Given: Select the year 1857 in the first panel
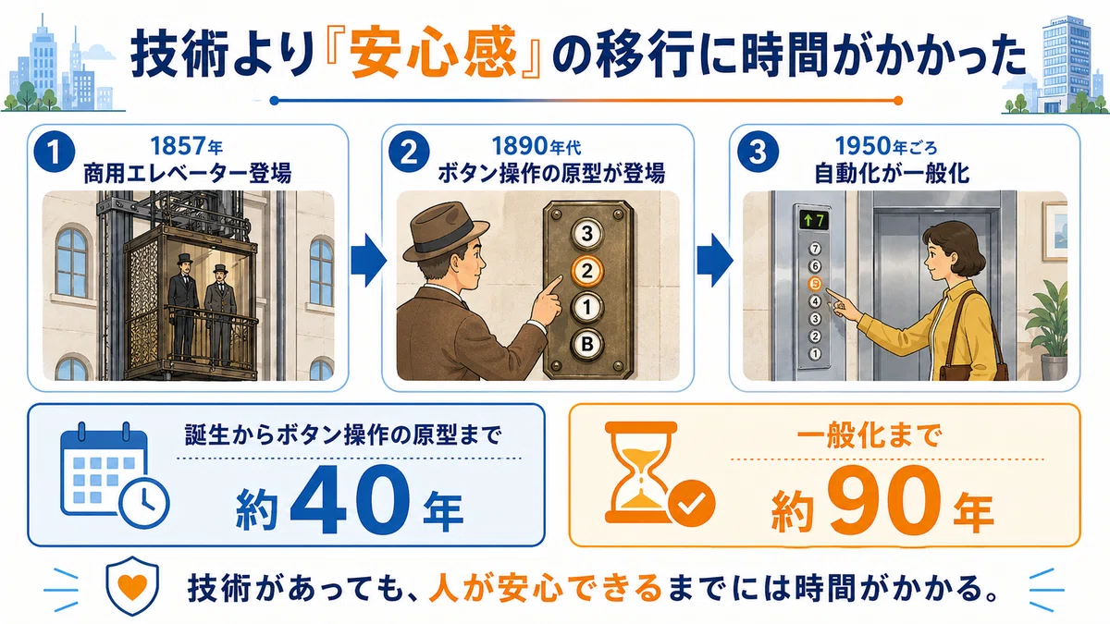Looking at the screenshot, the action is pyautogui.click(x=179, y=146).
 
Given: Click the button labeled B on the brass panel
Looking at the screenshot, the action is pyautogui.click(x=587, y=344).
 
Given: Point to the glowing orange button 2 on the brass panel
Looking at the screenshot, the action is pyautogui.click(x=587, y=270).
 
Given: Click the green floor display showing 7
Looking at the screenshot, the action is pyautogui.click(x=814, y=220).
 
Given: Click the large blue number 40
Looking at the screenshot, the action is pyautogui.click(x=350, y=500).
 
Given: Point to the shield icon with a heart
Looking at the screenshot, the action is pyautogui.click(x=132, y=585).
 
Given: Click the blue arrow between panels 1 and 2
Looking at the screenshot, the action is pyautogui.click(x=368, y=261).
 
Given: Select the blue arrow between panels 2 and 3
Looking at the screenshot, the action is pyautogui.click(x=714, y=261).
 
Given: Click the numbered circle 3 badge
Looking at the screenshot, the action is pyautogui.click(x=758, y=152).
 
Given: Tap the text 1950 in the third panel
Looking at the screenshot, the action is pyautogui.click(x=863, y=146).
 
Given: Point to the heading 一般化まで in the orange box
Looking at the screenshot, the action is pyautogui.click(x=869, y=436).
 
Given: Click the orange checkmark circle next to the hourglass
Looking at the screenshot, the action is pyautogui.click(x=691, y=503).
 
